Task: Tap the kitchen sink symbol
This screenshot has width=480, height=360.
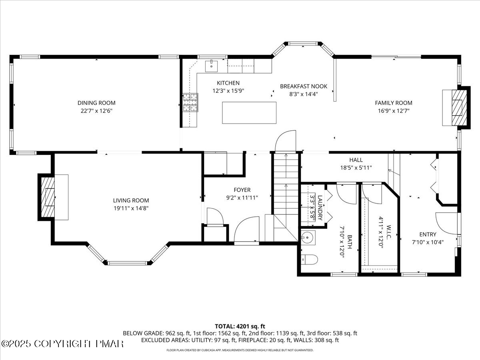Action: point(211,65)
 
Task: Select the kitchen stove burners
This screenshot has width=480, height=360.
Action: point(190,102)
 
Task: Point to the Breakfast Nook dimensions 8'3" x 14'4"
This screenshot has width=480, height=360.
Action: point(304,94)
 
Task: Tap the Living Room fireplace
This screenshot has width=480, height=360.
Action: point(48,197)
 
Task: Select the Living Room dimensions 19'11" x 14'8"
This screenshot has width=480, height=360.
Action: point(131,208)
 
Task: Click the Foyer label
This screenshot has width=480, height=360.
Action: point(242,190)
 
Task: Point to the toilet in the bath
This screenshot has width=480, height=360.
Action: point(310,260)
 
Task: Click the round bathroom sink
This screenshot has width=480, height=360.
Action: point(308,237)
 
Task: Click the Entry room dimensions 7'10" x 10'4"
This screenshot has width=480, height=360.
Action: point(428,242)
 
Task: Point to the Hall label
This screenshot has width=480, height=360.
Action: point(356,160)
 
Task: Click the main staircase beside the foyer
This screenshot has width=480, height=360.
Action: point(286,184)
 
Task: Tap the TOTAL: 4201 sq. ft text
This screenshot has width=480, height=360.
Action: point(240,326)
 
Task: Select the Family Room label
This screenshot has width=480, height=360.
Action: point(393,103)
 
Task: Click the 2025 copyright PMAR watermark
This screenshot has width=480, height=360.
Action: point(63,344)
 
